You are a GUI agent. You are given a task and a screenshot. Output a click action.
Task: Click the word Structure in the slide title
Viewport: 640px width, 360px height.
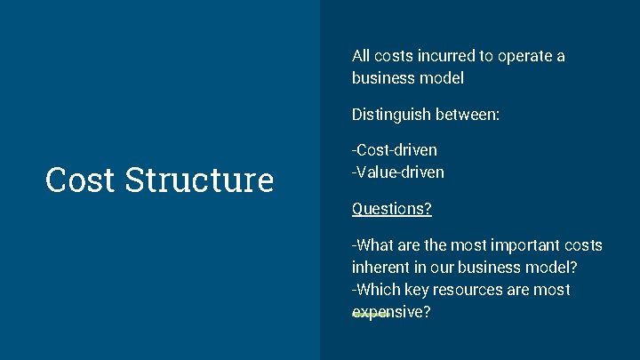click(199, 180)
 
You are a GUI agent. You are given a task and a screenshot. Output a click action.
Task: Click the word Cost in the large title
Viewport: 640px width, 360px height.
click(80, 180)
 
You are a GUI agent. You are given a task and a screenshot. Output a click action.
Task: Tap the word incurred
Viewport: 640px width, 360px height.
click(441, 56)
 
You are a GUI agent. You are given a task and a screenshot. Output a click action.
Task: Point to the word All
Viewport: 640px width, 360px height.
click(362, 56)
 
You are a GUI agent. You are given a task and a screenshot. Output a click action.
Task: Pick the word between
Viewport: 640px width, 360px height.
click(470, 114)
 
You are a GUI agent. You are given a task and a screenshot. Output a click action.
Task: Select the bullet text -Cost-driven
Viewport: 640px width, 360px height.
click(395, 150)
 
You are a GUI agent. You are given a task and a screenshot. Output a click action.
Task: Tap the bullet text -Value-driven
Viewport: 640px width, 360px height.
click(398, 172)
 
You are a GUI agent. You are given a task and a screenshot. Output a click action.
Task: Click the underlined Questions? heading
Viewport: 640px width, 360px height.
click(392, 209)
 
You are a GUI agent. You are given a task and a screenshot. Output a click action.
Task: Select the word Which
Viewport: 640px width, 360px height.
click(377, 290)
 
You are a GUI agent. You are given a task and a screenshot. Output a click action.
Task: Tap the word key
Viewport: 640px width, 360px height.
click(416, 290)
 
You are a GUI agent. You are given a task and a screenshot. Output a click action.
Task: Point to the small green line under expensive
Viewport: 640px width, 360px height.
click(371, 315)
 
